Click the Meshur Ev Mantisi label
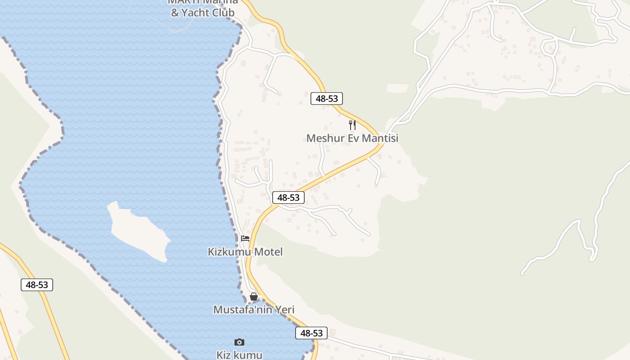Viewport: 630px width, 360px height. click(x=352, y=138)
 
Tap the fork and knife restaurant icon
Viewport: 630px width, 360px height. click(x=352, y=125)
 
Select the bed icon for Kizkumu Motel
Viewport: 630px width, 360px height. click(x=245, y=238)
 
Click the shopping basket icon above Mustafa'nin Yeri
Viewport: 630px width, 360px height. click(x=254, y=297)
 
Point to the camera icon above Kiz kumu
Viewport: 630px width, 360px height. click(x=239, y=342)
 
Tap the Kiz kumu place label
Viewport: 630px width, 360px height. click(x=239, y=355)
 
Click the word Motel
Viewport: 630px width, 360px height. click(x=269, y=252)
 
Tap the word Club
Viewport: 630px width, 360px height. click(x=224, y=13)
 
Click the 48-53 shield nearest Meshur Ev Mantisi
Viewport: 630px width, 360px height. click(x=327, y=99)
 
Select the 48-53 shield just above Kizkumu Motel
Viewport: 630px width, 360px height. click(x=288, y=197)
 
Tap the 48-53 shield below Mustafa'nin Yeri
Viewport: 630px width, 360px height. click(x=311, y=333)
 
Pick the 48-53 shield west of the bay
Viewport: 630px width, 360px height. click(x=37, y=284)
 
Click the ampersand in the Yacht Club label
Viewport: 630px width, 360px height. click(x=175, y=13)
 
